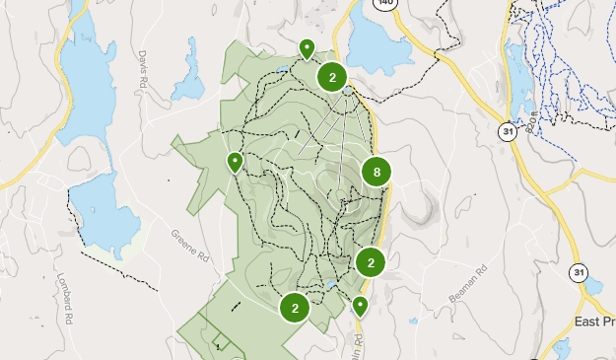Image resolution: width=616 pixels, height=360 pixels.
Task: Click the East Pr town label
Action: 594,323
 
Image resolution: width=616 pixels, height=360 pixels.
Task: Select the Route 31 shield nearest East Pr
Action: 578,272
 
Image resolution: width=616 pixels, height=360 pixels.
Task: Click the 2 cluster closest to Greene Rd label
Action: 295,308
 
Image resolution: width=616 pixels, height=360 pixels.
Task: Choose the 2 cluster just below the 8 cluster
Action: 371,262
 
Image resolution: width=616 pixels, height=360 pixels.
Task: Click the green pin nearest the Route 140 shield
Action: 308,47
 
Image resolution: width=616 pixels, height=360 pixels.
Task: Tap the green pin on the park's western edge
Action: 235,162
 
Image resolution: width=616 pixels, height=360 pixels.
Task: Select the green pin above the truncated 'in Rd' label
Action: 361,306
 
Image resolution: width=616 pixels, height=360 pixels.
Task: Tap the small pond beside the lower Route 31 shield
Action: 593,287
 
